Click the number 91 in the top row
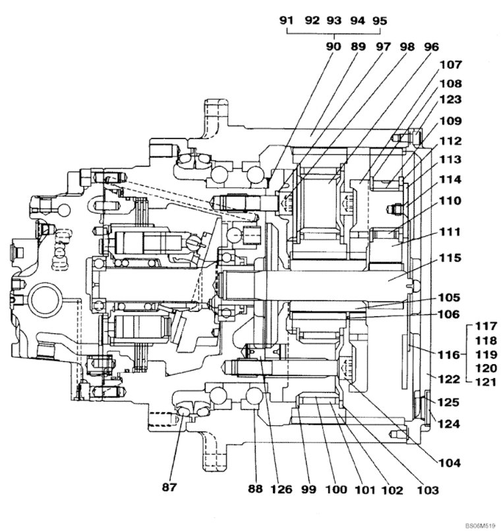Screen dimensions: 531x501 point(286,20)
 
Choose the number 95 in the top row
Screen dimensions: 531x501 point(380,20)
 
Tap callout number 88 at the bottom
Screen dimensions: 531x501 point(254,489)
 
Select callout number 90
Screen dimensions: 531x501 point(334,47)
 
